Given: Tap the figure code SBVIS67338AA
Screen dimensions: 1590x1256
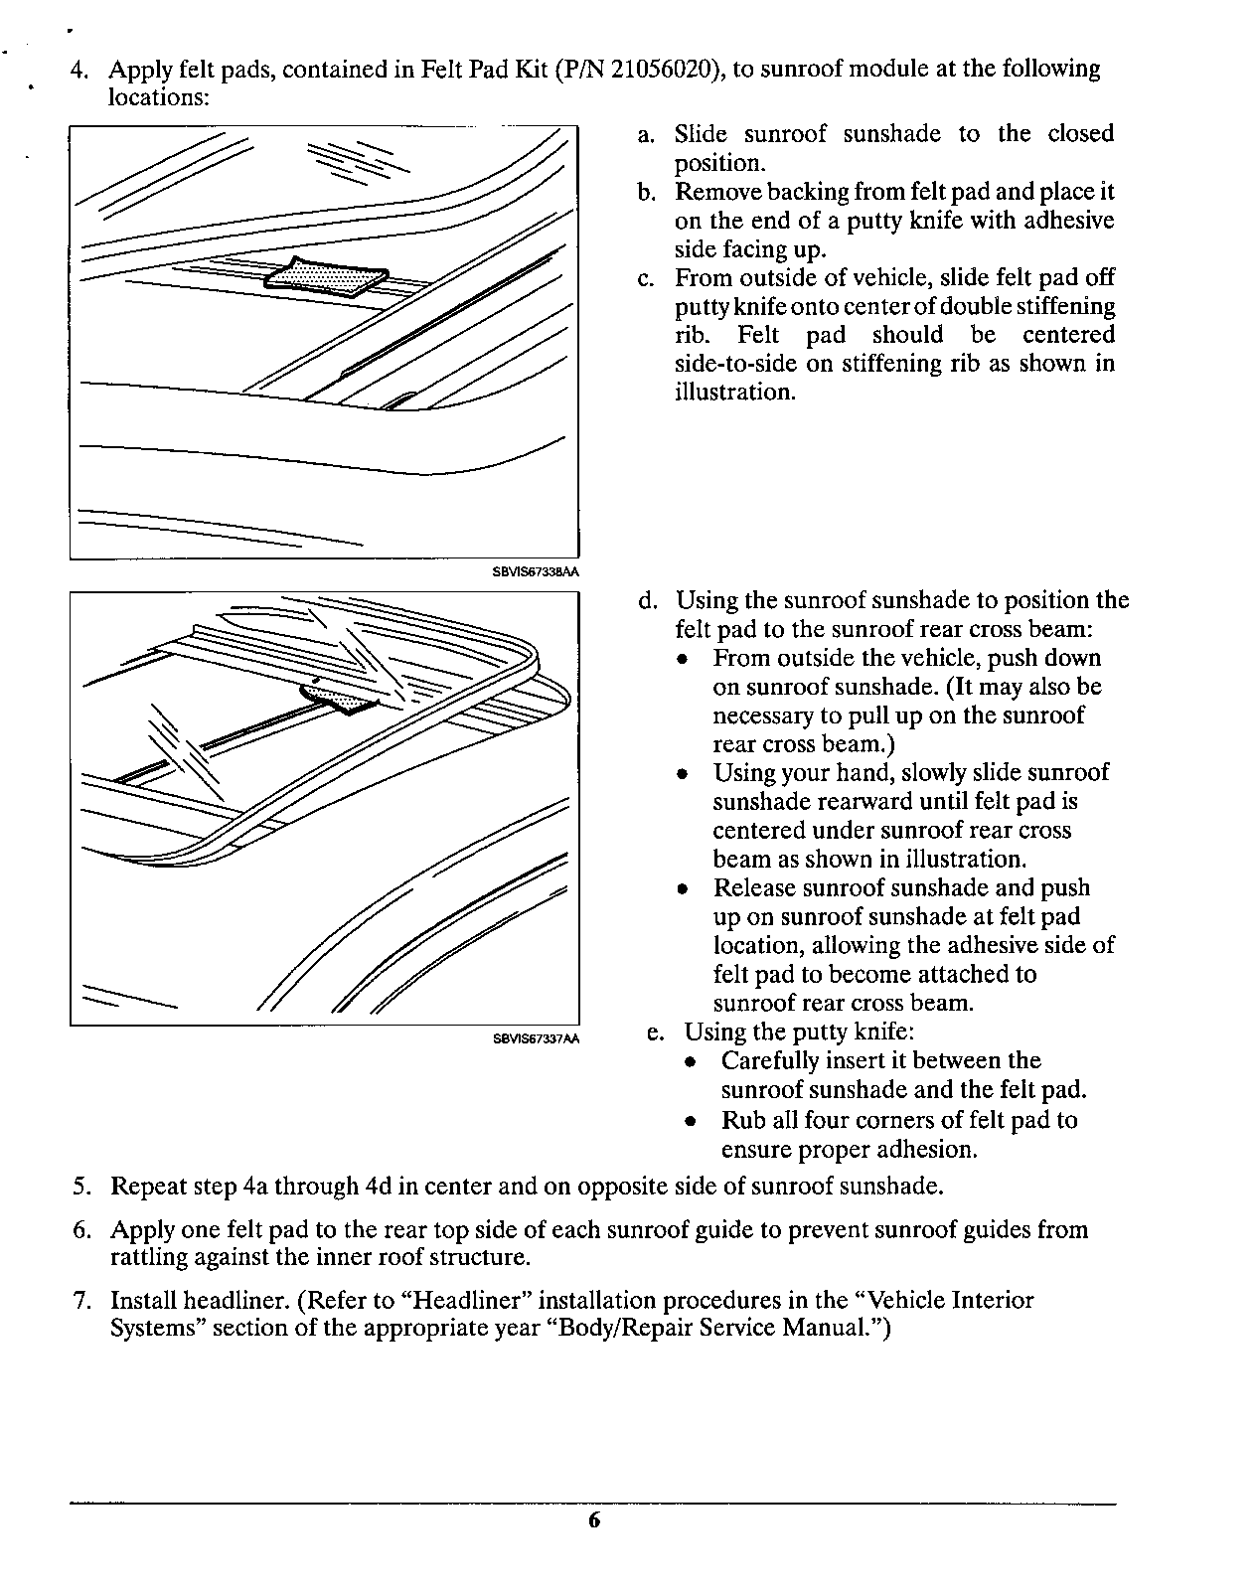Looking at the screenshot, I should point(536,572).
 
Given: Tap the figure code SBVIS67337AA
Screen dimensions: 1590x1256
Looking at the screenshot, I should point(536,1039).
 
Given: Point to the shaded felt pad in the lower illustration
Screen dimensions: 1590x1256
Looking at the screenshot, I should point(343,699).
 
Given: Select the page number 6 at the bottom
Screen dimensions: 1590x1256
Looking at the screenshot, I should point(593,1521).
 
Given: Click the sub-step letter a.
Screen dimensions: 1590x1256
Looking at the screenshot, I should point(645,135).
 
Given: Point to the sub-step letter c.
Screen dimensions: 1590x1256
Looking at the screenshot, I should point(645,278).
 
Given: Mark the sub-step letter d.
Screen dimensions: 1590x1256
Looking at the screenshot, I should point(647,601).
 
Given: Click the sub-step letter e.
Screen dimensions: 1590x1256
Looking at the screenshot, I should point(655,1033).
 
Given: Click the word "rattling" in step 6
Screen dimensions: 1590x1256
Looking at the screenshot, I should point(149,1258).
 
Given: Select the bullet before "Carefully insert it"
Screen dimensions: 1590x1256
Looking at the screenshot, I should point(691,1062).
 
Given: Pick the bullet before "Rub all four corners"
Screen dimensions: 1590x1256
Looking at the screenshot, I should point(691,1122).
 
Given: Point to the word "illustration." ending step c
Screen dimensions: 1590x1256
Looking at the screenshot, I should point(735,393).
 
